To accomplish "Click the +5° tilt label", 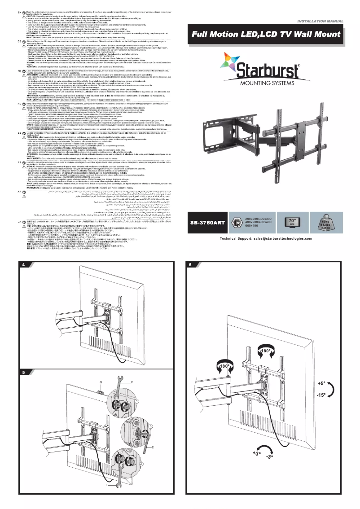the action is point(321,384).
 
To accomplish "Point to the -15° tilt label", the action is point(321,395).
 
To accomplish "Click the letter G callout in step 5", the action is point(101,382).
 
